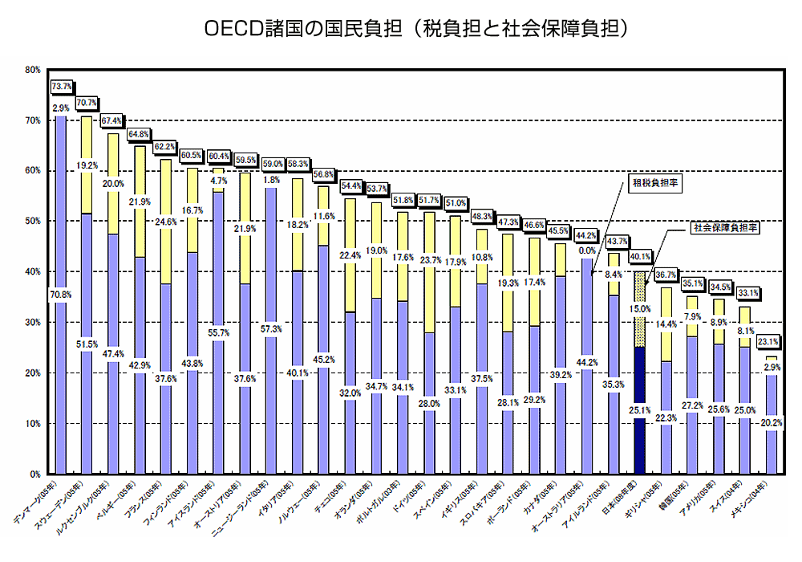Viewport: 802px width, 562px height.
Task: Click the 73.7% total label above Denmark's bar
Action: coord(62,86)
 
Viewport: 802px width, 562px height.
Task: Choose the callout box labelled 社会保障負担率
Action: coord(726,228)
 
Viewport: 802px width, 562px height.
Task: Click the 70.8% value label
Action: coord(62,295)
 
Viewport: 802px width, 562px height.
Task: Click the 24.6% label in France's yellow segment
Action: coord(167,222)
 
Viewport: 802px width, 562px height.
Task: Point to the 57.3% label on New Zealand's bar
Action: coord(270,329)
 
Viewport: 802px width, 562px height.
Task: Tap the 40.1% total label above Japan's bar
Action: coord(639,257)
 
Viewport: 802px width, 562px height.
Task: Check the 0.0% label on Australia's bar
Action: coord(587,250)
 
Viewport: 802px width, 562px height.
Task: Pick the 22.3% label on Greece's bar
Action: coord(665,418)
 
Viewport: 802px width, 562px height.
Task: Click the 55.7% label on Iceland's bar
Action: coord(219,332)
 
